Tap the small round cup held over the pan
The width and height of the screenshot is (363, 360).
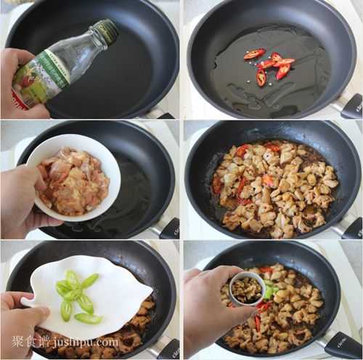(247, 287)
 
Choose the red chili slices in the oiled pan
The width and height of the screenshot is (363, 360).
(269, 64)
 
